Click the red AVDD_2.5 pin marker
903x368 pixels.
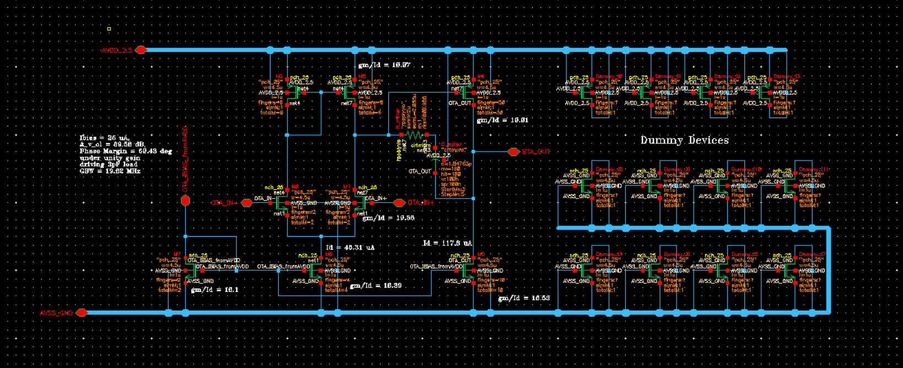tap(141, 50)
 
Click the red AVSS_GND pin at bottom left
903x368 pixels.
tap(82, 313)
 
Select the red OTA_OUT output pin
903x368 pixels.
tap(513, 152)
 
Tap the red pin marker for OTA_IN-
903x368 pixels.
tap(247, 203)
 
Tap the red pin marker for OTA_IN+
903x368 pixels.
tap(399, 203)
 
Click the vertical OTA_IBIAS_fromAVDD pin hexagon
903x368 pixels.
tap(186, 200)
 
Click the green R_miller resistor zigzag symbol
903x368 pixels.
tap(414, 135)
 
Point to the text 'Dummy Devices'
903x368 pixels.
tap(684, 140)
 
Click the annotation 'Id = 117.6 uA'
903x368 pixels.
tap(447, 243)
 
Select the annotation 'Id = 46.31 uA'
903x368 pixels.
tap(350, 248)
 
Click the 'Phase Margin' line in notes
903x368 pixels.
tap(126, 151)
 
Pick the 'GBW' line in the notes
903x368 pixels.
tap(110, 171)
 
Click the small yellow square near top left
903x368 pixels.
tap(109, 29)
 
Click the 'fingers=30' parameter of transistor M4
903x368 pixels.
tap(491, 103)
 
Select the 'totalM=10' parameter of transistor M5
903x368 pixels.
tap(490, 290)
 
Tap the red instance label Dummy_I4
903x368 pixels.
tap(609, 255)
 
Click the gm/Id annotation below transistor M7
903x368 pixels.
tap(214, 290)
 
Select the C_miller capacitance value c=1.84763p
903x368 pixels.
tap(456, 164)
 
